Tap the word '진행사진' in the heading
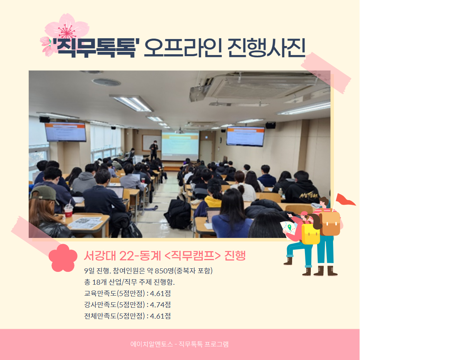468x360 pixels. pyautogui.click(x=266, y=48)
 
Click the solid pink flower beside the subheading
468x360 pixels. pyautogui.click(x=63, y=258)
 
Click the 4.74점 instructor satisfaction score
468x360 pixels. pyautogui.click(x=160, y=305)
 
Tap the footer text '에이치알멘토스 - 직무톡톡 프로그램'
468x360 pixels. pyautogui.click(x=179, y=344)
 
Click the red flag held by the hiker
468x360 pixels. pyautogui.click(x=345, y=200)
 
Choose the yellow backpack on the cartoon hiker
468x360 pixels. pyautogui.click(x=310, y=233)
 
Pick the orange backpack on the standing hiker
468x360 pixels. pyautogui.click(x=330, y=223)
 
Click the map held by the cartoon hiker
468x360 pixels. pyautogui.click(x=288, y=228)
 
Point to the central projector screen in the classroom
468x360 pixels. pyautogui.click(x=180, y=146)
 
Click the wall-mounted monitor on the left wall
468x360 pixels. pyautogui.click(x=66, y=132)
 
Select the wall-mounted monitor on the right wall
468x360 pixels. pyautogui.click(x=245, y=136)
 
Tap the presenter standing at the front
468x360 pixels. pyautogui.click(x=154, y=150)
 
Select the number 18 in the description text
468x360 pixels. pyautogui.click(x=96, y=282)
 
